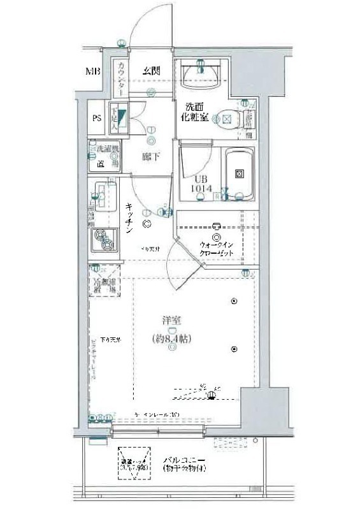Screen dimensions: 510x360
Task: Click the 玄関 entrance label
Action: pyautogui.click(x=150, y=71)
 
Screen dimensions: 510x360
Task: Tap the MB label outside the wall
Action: pyautogui.click(x=94, y=71)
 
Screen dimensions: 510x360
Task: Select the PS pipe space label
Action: pyautogui.click(x=97, y=118)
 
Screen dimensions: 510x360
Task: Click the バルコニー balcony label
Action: pyautogui.click(x=183, y=459)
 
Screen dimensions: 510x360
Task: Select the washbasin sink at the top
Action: pyautogui.click(x=200, y=77)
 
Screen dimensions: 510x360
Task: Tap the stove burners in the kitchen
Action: pyautogui.click(x=103, y=240)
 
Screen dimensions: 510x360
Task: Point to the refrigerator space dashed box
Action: pyautogui.click(x=103, y=279)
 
